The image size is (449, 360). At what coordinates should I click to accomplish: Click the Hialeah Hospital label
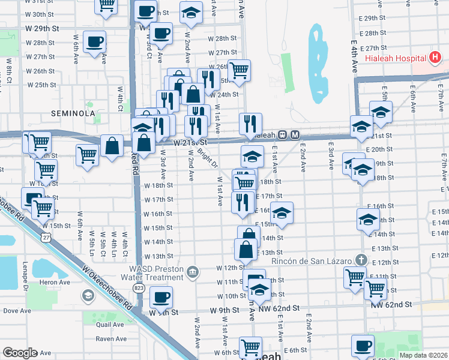pos(396,58)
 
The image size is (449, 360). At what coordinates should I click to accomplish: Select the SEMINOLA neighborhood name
pos(73,113)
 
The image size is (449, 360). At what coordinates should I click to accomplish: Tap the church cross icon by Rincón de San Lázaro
pos(360,260)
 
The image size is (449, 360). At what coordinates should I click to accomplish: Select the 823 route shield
pos(139,289)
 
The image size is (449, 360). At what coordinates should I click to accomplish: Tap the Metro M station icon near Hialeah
pos(295,135)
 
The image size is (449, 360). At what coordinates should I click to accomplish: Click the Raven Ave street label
pos(112,339)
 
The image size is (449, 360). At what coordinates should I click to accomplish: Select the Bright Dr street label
pos(207,158)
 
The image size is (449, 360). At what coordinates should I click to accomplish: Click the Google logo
pos(20,353)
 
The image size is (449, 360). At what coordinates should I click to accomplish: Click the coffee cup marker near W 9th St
pos(160,296)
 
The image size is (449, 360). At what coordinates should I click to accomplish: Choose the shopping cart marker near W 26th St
pos(239,70)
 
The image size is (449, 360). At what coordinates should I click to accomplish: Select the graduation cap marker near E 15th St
pos(281,212)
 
